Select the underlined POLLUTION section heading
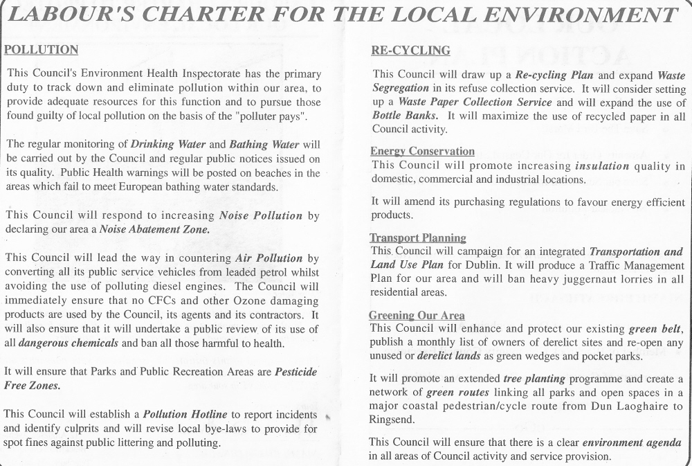41,50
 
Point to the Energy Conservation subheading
422,151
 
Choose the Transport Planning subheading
418,238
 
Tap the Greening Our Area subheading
417,316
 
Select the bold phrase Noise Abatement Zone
154,228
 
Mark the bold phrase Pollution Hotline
185,415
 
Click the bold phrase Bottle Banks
405,115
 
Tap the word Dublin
503,265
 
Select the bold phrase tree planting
534,379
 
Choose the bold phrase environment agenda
632,442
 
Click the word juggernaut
591,278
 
